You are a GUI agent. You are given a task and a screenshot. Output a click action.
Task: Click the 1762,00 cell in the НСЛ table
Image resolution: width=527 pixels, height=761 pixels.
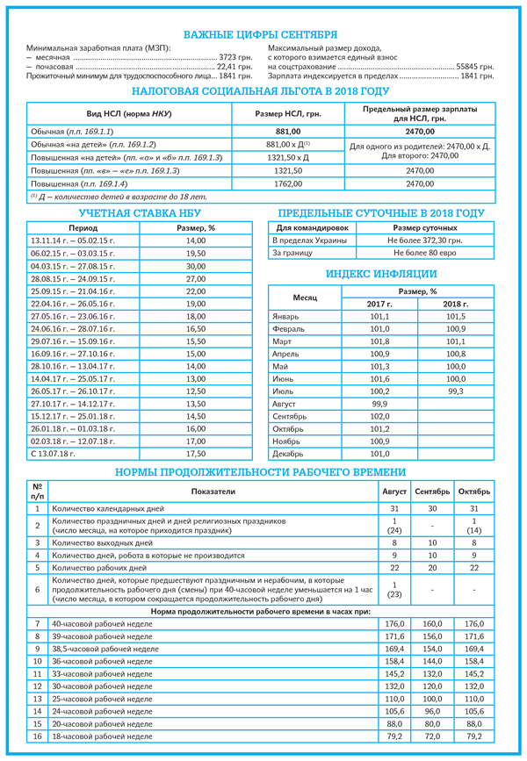point(288,184)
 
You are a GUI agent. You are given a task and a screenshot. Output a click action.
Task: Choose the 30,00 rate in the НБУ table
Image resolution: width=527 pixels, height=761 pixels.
point(195,266)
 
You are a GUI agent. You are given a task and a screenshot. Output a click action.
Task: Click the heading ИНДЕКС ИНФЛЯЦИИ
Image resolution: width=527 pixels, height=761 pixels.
point(382,274)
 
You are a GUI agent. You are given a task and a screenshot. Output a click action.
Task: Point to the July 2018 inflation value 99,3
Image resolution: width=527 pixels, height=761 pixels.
point(454,391)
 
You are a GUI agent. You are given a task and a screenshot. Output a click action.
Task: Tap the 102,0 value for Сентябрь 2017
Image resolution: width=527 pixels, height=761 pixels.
point(379,416)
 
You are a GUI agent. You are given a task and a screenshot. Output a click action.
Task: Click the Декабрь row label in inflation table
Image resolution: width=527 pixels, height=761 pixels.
point(290,454)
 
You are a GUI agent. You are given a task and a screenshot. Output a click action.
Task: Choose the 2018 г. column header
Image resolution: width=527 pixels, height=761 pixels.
point(454,304)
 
